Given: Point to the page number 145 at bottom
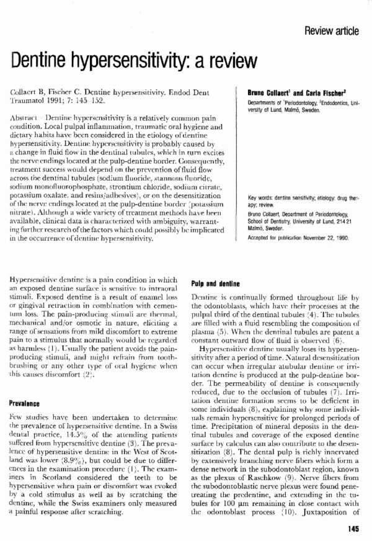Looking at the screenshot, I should point(355,529).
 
